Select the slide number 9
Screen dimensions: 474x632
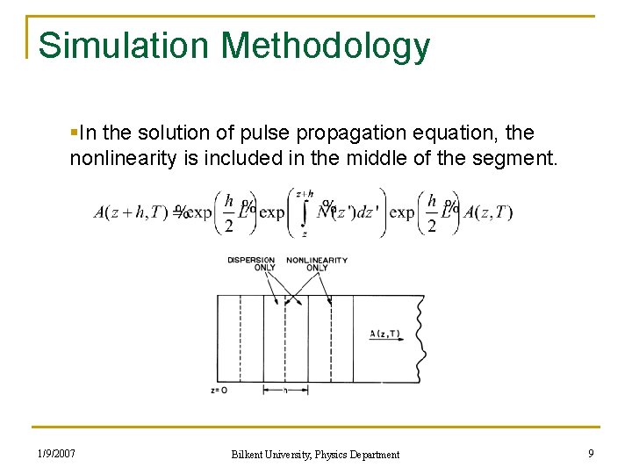point(591,454)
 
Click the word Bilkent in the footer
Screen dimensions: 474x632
point(250,455)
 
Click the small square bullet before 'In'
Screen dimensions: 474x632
point(73,133)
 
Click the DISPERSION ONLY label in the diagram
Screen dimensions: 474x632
point(252,263)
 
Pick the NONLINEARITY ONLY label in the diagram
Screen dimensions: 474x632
point(317,263)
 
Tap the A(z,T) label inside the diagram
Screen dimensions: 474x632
point(385,334)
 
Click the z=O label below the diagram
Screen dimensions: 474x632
point(219,391)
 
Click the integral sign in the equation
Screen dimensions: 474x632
point(304,213)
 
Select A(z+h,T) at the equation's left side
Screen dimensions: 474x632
point(132,212)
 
